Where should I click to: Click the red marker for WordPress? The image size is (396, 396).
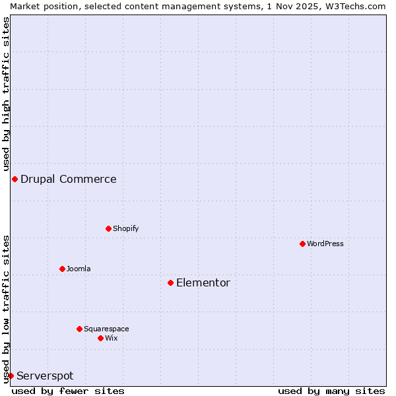[x=302, y=244]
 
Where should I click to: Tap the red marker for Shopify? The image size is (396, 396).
[x=108, y=228]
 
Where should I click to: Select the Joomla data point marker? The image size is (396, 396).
[x=62, y=269]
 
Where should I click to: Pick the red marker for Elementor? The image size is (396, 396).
[x=170, y=282]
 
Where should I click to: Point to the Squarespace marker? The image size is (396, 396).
[x=79, y=329]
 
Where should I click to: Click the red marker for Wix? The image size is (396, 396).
[x=100, y=338]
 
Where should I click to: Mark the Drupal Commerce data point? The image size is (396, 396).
[x=15, y=179]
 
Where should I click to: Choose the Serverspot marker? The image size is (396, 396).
[x=11, y=376]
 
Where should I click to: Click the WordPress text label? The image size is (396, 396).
[x=325, y=244]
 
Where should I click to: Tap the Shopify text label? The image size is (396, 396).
[x=125, y=228]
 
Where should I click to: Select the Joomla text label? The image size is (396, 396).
[x=79, y=269]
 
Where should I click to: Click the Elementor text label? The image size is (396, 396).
[x=203, y=282]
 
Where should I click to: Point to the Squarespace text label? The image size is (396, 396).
[x=106, y=329]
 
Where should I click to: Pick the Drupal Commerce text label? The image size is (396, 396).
[x=69, y=179]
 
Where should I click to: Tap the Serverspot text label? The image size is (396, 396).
[x=45, y=376]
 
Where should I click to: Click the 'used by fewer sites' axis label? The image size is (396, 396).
[x=68, y=391]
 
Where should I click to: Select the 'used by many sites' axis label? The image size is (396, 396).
[x=331, y=391]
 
